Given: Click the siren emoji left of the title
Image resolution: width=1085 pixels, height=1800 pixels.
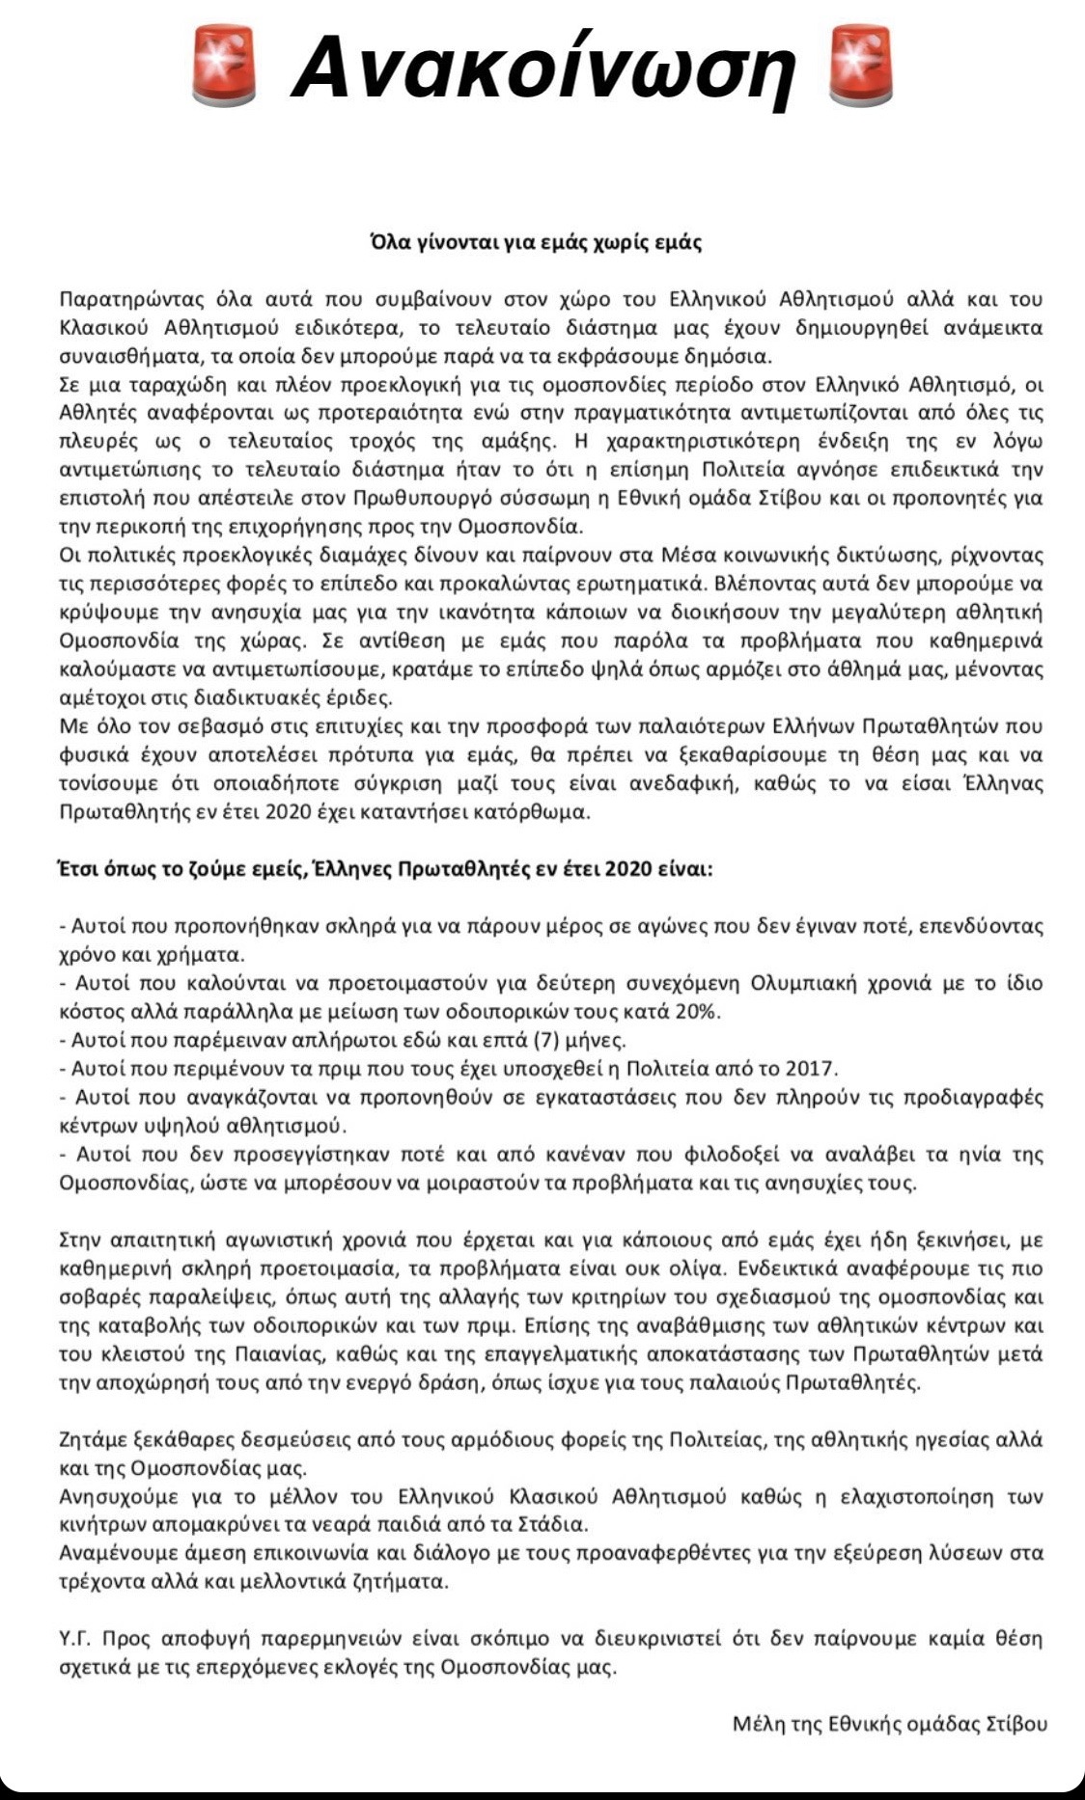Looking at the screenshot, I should (224, 66).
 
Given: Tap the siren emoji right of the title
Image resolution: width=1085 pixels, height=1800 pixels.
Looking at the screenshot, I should (861, 66).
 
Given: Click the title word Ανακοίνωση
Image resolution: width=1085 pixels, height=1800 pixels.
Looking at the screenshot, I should (543, 68).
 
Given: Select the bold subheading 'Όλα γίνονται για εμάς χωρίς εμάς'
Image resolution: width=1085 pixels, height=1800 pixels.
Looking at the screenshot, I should (537, 242).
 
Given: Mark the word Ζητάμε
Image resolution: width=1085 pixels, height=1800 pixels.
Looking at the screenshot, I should (94, 1440).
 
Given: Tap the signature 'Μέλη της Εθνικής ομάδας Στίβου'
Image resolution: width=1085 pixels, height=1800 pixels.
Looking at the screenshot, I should (889, 1724).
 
